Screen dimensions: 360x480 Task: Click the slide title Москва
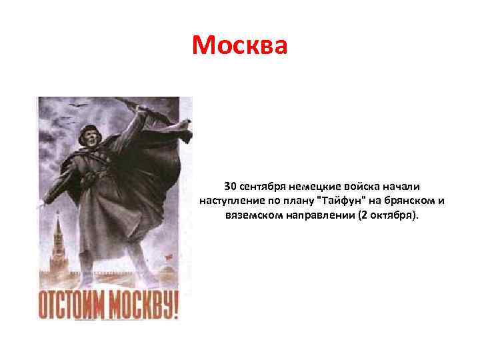[x=240, y=45]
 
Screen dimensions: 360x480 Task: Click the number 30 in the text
[x=230, y=185]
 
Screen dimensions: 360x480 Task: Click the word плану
[x=297, y=201]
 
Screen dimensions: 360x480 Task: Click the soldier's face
[x=91, y=141]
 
